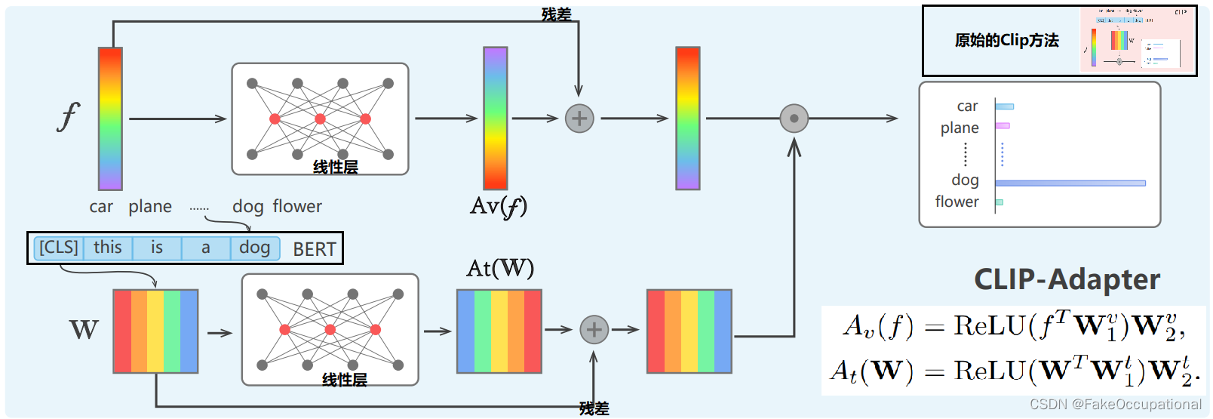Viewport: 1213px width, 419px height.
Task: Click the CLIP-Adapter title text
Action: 1067,279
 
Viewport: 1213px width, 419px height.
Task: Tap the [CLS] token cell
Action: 59,248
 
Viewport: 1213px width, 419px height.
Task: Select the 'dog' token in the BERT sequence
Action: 254,248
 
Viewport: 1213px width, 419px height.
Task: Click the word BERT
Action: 315,249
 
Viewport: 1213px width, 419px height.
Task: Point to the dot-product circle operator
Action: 794,119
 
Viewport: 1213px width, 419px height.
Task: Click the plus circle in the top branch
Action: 579,119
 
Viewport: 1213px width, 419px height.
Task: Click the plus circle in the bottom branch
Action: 594,330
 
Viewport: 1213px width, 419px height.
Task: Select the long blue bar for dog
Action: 1070,183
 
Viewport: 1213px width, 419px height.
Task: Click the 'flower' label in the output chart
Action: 957,202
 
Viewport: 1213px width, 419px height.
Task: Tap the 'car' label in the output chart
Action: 967,106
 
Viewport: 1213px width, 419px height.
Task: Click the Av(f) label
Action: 498,206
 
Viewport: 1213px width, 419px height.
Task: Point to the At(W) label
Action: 500,268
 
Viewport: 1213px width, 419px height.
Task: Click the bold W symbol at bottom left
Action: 84,330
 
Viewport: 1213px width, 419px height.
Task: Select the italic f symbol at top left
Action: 68,117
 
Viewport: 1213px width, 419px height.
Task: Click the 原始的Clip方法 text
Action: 1006,41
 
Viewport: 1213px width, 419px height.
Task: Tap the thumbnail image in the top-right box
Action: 1137,41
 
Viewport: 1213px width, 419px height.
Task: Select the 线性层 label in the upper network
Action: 335,167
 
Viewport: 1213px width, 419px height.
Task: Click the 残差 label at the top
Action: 556,14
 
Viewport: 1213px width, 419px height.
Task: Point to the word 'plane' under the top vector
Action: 150,207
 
